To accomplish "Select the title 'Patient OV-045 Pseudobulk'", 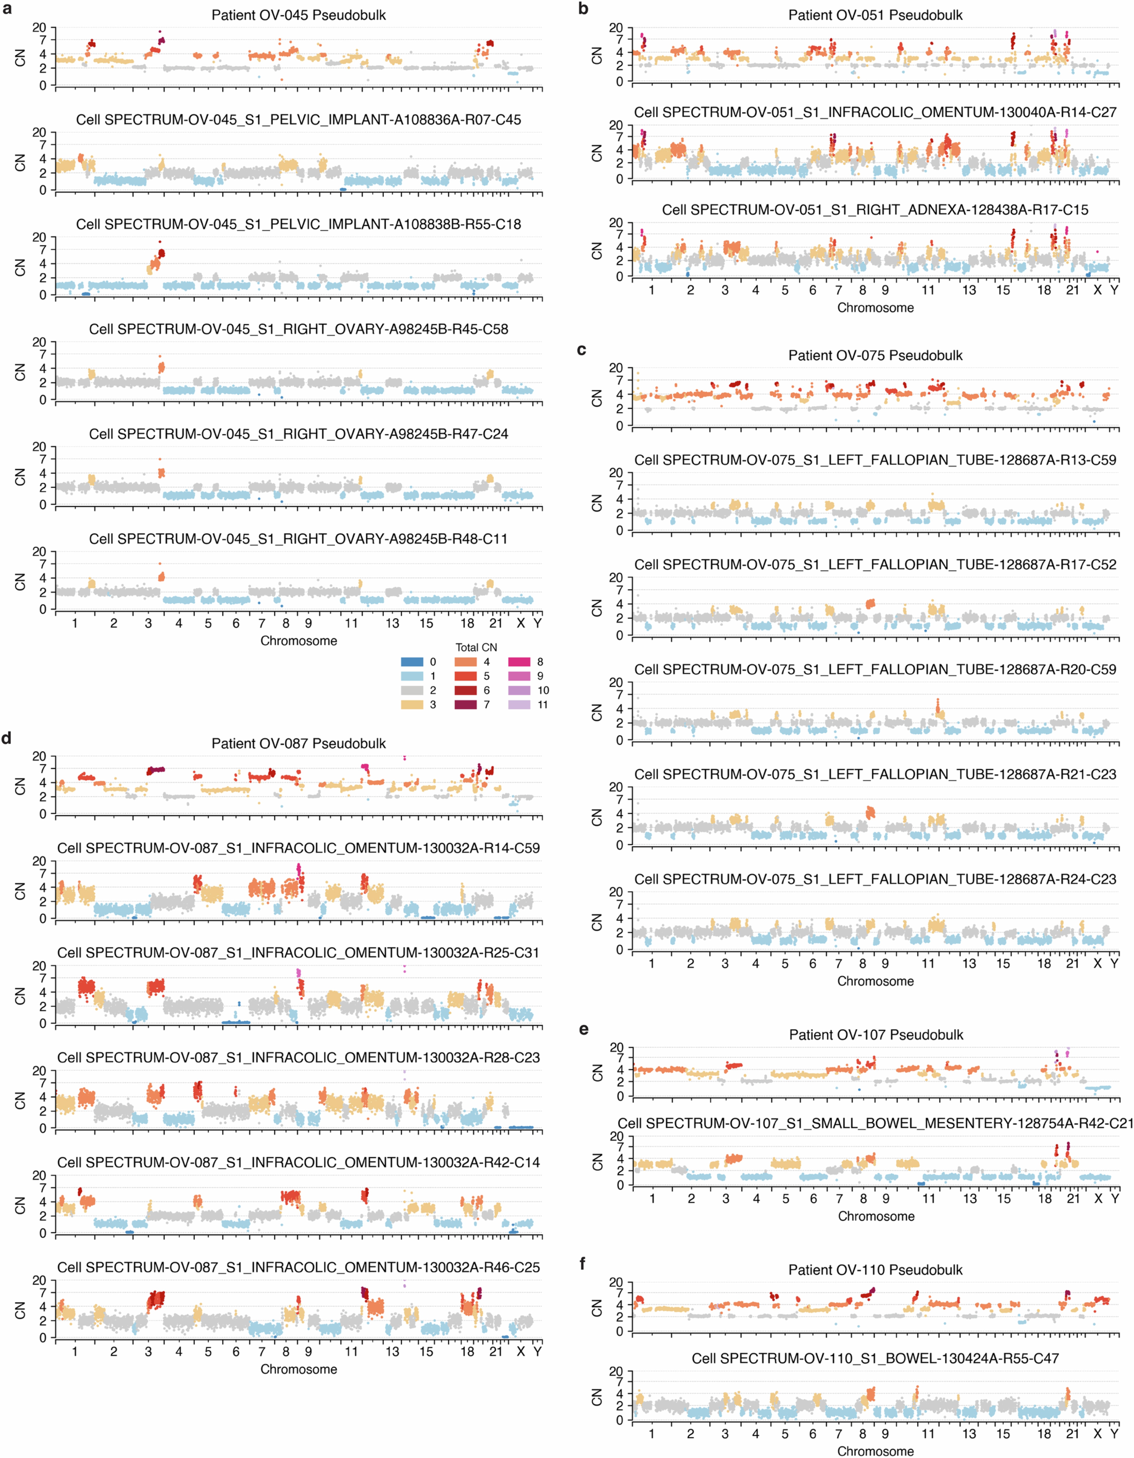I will [x=298, y=15].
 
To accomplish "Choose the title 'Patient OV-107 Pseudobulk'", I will [x=876, y=1035].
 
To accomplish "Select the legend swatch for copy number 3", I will [x=412, y=704].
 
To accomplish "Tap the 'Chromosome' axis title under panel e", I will [x=876, y=1216].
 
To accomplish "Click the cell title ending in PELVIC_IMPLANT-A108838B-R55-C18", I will [x=298, y=224].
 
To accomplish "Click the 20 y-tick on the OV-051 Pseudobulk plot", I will [x=615, y=28].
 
